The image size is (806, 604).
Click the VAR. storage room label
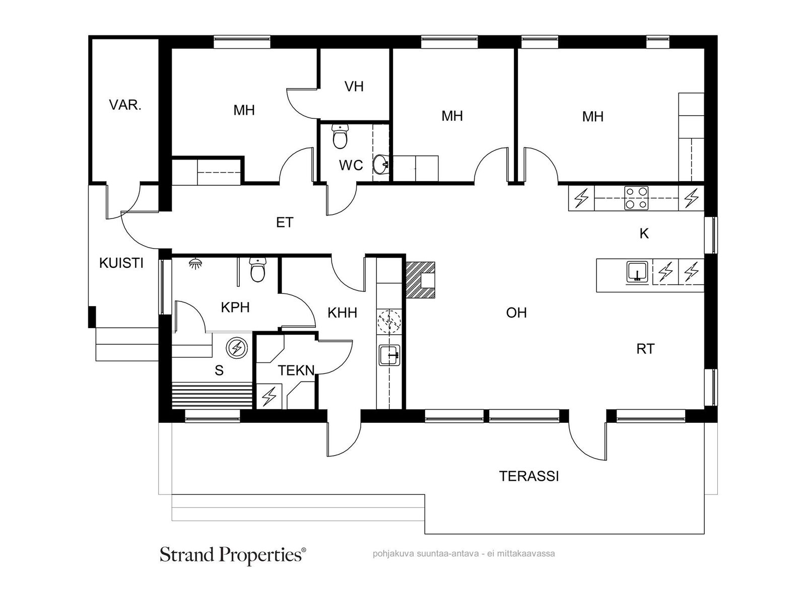click(x=125, y=105)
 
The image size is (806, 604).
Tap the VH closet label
click(x=354, y=87)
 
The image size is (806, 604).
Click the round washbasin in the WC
click(x=381, y=164)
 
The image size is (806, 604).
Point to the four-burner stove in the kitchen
click(x=636, y=198)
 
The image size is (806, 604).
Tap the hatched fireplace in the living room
click(x=421, y=279)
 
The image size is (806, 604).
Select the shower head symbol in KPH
click(x=193, y=263)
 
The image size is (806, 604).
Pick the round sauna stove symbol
click(x=237, y=348)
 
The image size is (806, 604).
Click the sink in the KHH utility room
click(x=389, y=355)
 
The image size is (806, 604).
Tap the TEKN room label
click(x=296, y=370)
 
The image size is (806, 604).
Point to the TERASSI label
click(x=529, y=476)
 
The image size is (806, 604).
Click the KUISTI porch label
click(x=121, y=263)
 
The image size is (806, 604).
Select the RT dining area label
click(x=645, y=349)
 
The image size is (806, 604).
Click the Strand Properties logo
click(x=233, y=555)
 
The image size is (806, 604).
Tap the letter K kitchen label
click(x=644, y=234)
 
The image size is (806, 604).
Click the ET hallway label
click(x=285, y=222)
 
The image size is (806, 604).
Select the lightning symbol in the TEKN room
click(x=269, y=396)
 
